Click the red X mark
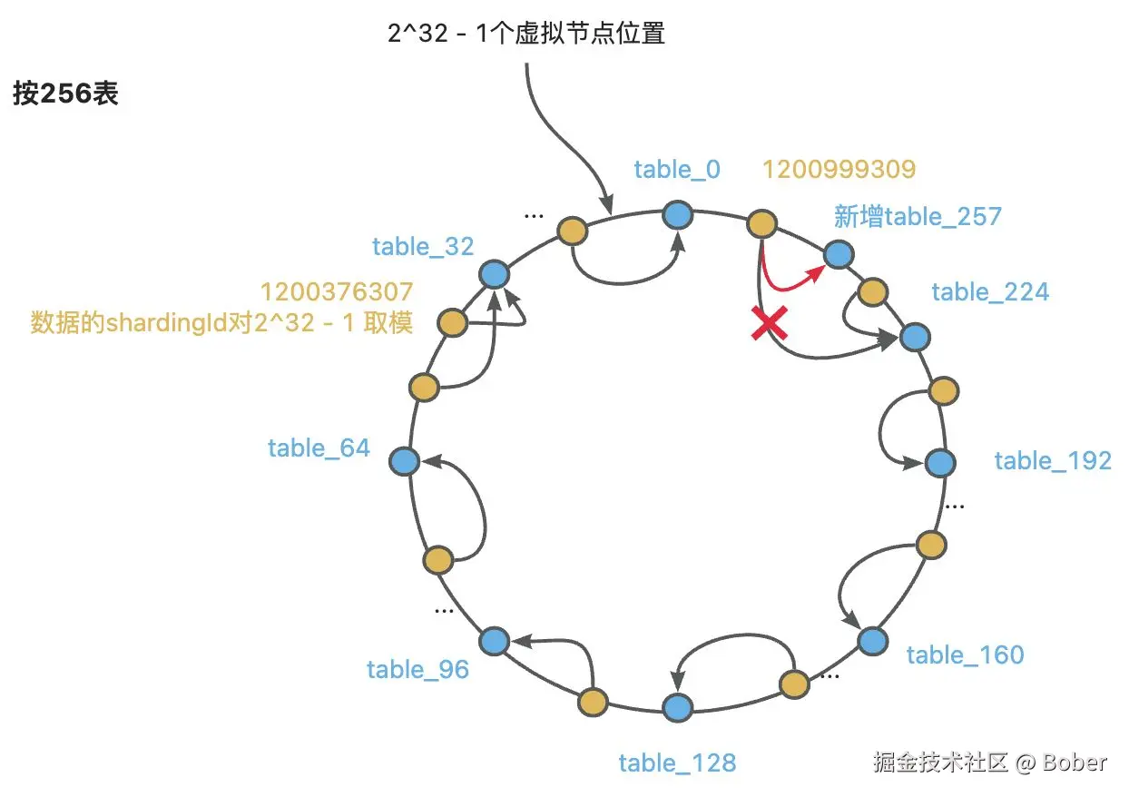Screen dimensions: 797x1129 tap(768, 324)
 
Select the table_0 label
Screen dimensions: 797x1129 tap(677, 170)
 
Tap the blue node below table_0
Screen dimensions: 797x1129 tap(677, 215)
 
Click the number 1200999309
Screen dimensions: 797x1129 tap(839, 170)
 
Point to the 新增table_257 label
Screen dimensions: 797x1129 tap(918, 217)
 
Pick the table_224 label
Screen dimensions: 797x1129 tap(990, 291)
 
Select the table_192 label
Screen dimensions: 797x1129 tap(1053, 460)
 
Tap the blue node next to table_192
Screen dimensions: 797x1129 tap(940, 462)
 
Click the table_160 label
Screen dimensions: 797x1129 tap(965, 654)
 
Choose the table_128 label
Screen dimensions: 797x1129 tap(677, 763)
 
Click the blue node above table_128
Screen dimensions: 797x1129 tap(677, 707)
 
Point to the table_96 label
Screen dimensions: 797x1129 tap(417, 670)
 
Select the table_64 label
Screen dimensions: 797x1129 tap(319, 448)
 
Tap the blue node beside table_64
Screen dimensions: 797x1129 tap(404, 461)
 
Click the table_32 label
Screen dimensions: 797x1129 tap(423, 246)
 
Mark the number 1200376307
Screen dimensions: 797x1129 tap(337, 292)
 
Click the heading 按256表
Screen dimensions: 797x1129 tap(65, 94)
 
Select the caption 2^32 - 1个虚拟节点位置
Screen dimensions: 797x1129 tap(525, 34)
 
